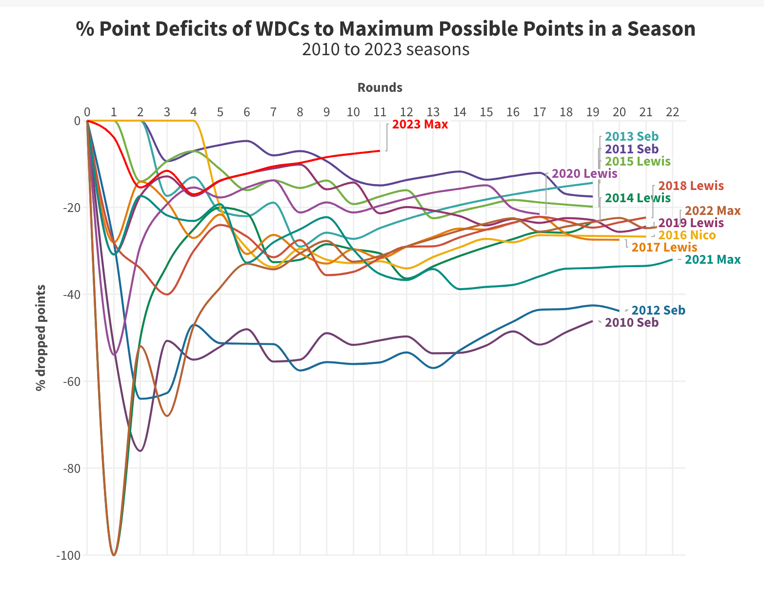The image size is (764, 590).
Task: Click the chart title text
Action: pyautogui.click(x=385, y=29)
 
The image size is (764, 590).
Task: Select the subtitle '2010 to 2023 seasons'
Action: pyautogui.click(x=385, y=49)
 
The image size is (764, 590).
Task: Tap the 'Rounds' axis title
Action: pyautogui.click(x=380, y=87)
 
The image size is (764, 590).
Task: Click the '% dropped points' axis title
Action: pyautogui.click(x=41, y=337)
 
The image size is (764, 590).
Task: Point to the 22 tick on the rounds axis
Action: pyautogui.click(x=672, y=112)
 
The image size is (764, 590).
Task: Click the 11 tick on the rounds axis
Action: pyautogui.click(x=380, y=112)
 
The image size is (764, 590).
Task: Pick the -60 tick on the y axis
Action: pyautogui.click(x=71, y=381)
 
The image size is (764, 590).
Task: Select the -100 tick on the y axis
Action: pyautogui.click(x=68, y=555)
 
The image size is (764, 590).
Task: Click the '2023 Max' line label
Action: pyautogui.click(x=420, y=124)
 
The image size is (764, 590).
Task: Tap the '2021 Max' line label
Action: pyautogui.click(x=712, y=260)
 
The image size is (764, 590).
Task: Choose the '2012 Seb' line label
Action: pyautogui.click(x=658, y=310)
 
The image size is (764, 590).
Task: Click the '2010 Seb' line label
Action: pyautogui.click(x=631, y=322)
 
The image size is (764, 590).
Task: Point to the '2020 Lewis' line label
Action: pyautogui.click(x=584, y=173)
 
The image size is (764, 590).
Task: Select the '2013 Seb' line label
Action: pyautogui.click(x=631, y=137)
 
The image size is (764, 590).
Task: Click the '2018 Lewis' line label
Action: pyautogui.click(x=691, y=186)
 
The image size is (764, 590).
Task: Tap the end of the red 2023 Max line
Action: pyautogui.click(x=379, y=151)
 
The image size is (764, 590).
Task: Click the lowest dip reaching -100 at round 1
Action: pyautogui.click(x=114, y=555)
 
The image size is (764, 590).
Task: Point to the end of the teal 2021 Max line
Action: pyautogui.click(x=672, y=259)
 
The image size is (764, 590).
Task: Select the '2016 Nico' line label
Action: pyautogui.click(x=687, y=235)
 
